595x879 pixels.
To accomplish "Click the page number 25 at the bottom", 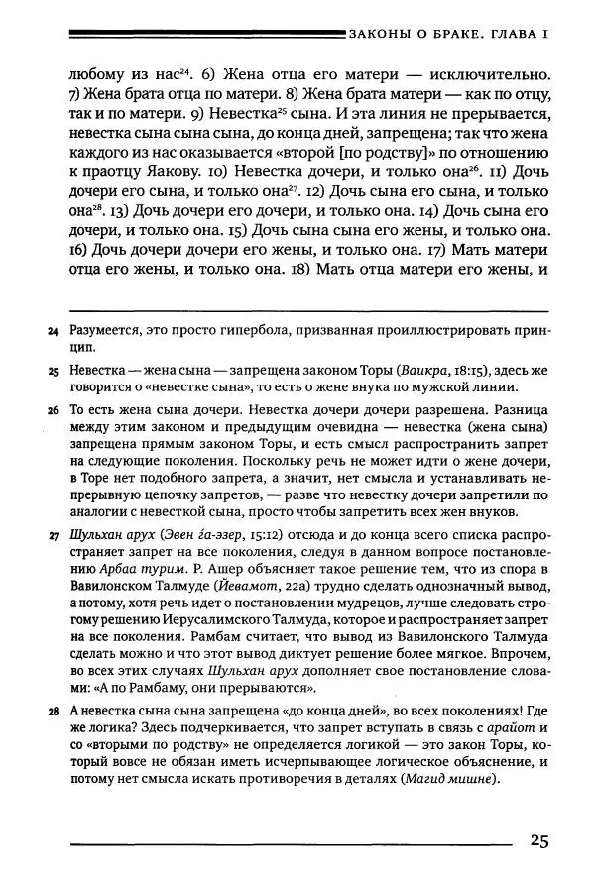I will click(x=537, y=842).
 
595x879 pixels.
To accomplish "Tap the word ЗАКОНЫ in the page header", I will click(x=381, y=36).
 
